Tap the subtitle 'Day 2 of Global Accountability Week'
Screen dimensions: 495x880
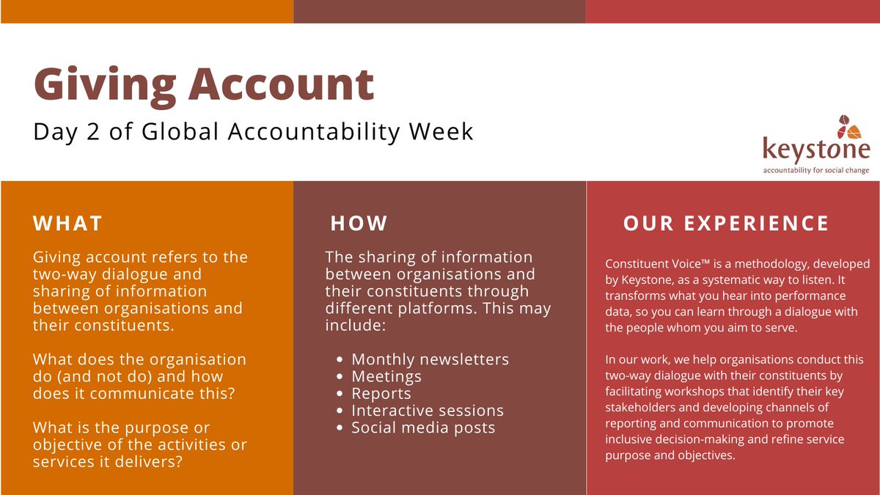[x=253, y=132]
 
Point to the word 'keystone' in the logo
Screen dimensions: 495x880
[x=816, y=151]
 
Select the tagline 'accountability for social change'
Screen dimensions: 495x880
[x=816, y=170]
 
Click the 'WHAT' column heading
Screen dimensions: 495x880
[x=68, y=224]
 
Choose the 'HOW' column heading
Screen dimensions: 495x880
[x=359, y=224]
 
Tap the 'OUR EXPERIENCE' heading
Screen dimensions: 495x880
[x=726, y=224]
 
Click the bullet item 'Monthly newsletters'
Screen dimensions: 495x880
[x=430, y=359]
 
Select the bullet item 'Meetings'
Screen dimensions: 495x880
[x=386, y=377]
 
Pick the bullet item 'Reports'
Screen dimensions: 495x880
[x=381, y=394]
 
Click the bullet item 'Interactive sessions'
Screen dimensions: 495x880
[x=428, y=411]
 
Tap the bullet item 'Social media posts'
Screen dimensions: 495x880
[x=423, y=428]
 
